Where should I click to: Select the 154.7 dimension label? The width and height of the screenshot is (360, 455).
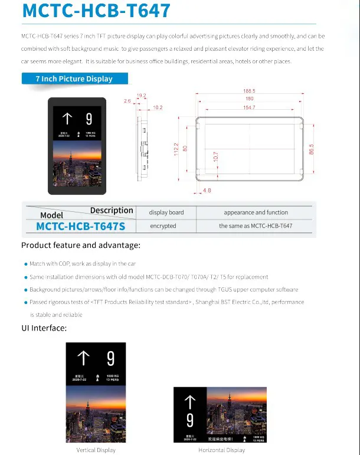[x=249, y=108]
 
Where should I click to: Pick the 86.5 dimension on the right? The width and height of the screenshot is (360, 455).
[x=311, y=149]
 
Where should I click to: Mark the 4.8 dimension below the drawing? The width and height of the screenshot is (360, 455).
[x=207, y=191]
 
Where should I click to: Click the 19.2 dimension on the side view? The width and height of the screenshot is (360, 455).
[x=141, y=95]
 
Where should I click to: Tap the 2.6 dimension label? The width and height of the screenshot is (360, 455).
[x=127, y=102]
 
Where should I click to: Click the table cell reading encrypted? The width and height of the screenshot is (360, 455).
[x=163, y=226]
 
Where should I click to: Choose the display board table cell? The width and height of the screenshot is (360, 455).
[x=166, y=212]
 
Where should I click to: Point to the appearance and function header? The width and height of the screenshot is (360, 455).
[x=256, y=212]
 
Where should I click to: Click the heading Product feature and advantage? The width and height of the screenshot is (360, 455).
[x=81, y=245]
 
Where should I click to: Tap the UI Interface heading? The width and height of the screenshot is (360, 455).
[x=44, y=328]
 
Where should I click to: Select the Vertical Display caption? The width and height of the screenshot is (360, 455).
[x=96, y=450]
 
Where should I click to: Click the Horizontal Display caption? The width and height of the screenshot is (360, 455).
[x=221, y=450]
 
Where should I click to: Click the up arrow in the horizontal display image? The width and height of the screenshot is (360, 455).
[x=189, y=403]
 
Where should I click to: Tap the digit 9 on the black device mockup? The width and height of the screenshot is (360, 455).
[x=89, y=119]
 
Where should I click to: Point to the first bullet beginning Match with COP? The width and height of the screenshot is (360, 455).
[x=83, y=264]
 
